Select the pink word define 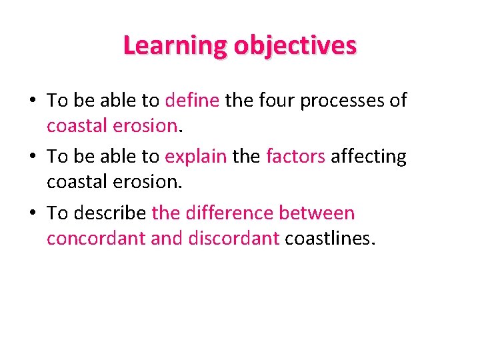pyautogui.click(x=191, y=101)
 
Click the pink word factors pyautogui.click(x=295, y=157)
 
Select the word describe pyautogui.click(x=108, y=213)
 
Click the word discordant pyautogui.click(x=233, y=238)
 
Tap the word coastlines pyautogui.click(x=330, y=238)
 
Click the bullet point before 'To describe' pyautogui.click(x=33, y=213)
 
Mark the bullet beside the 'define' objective pyautogui.click(x=33, y=101)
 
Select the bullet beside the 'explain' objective pyautogui.click(x=33, y=157)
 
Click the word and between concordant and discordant pyautogui.click(x=167, y=238)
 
